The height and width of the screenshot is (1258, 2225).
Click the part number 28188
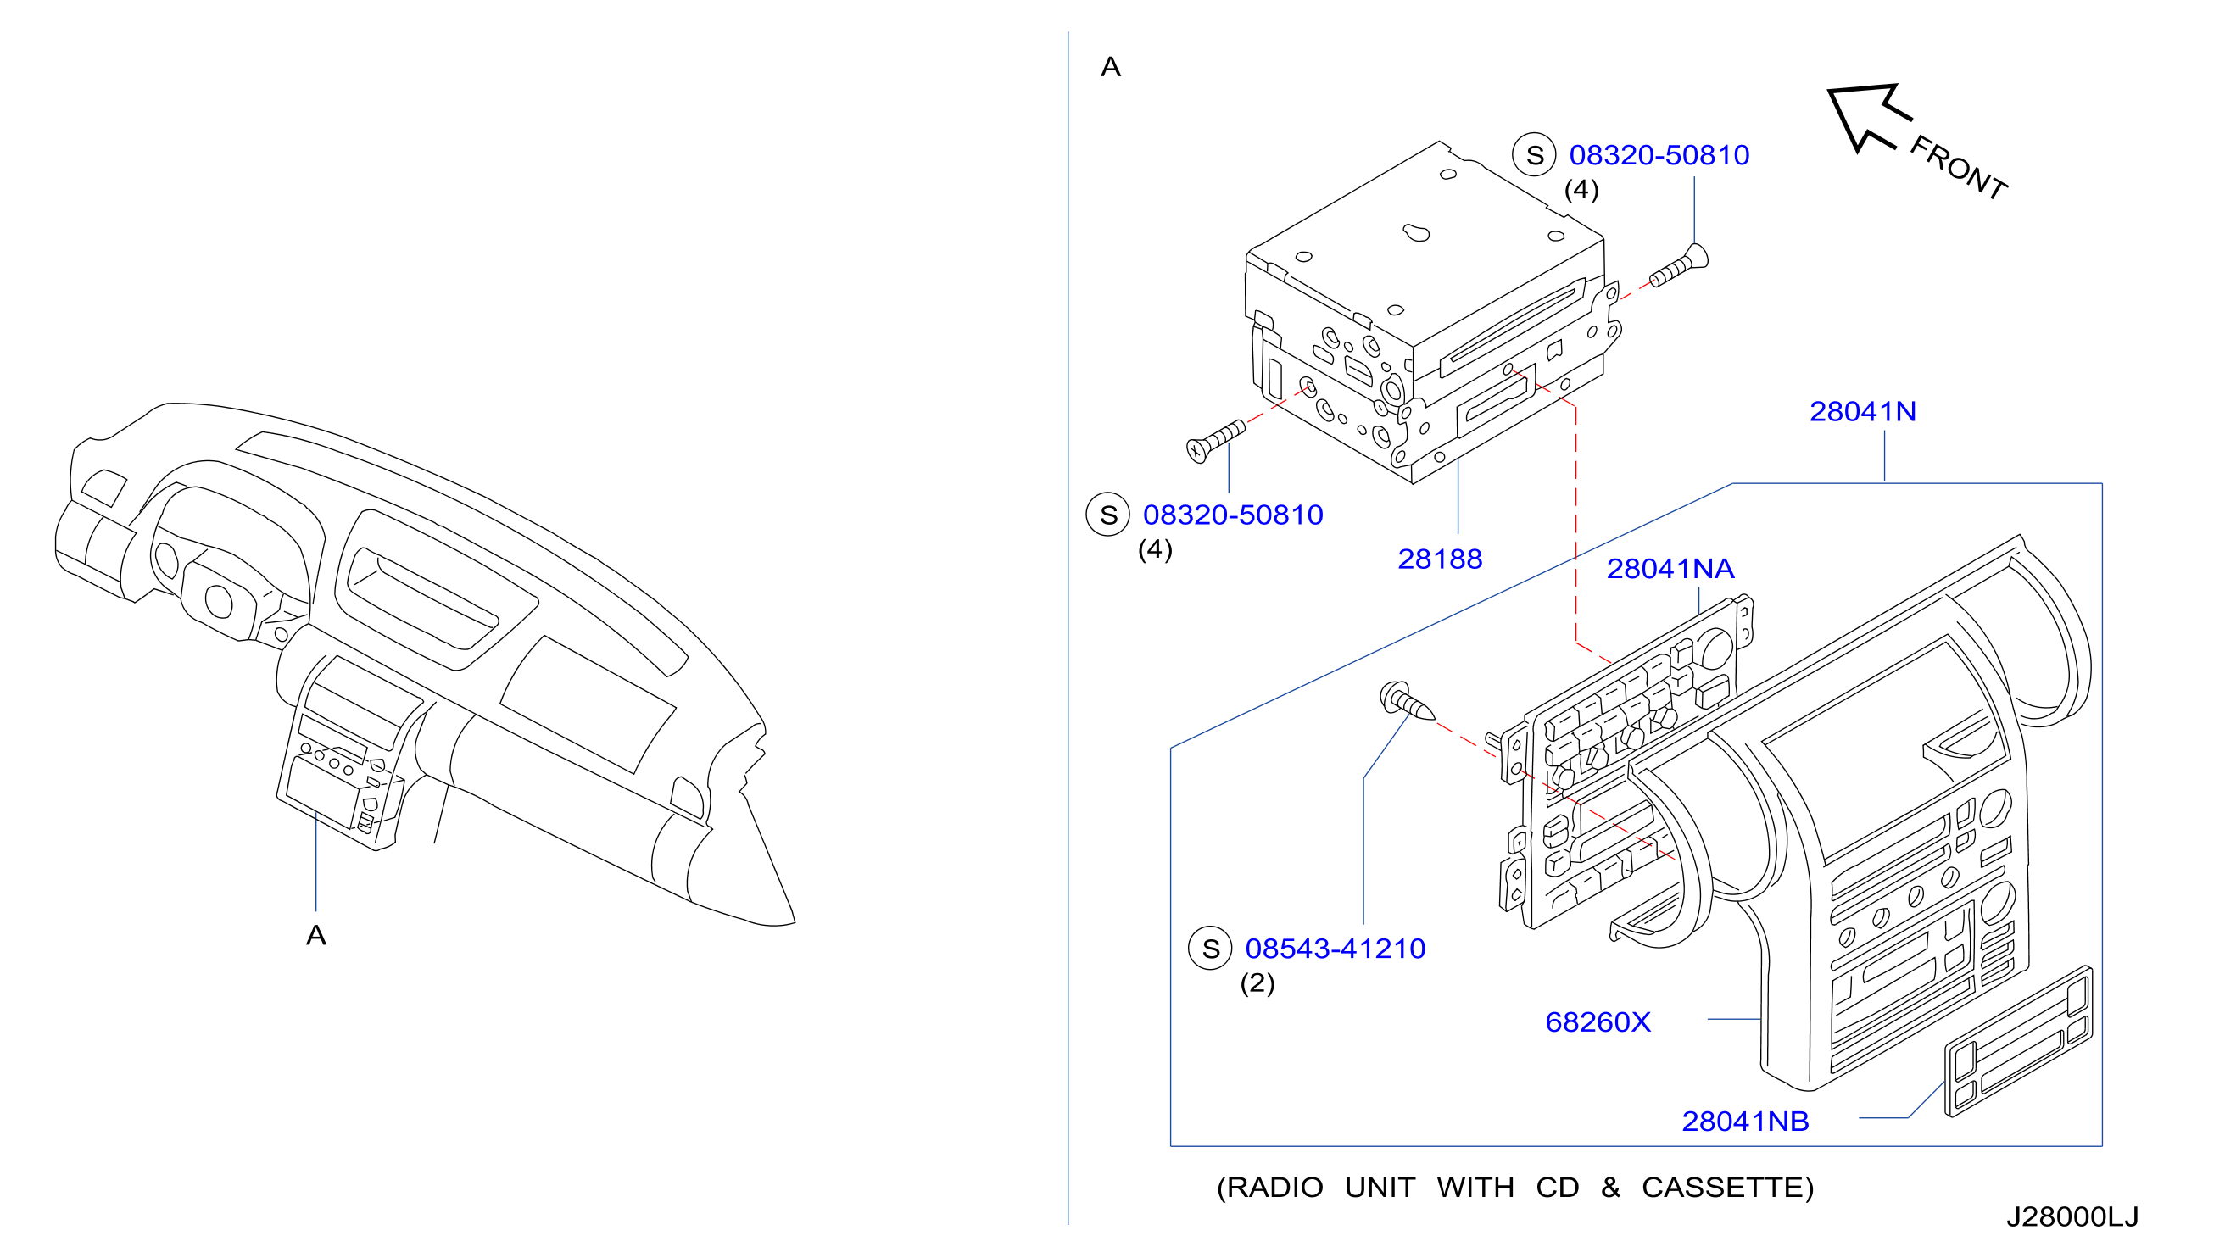pos(1440,559)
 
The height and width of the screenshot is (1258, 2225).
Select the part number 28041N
pos(1862,411)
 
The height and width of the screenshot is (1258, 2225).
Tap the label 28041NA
pos(1670,569)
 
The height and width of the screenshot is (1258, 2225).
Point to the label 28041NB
pos(1744,1121)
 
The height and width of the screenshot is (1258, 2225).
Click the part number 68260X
pos(1598,1022)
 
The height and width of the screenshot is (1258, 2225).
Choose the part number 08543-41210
pos(1335,948)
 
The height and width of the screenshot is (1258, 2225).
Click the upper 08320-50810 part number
pos(1659,154)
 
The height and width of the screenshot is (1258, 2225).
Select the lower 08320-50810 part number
pos(1233,514)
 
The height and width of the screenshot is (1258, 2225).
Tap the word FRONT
pos(1958,168)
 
